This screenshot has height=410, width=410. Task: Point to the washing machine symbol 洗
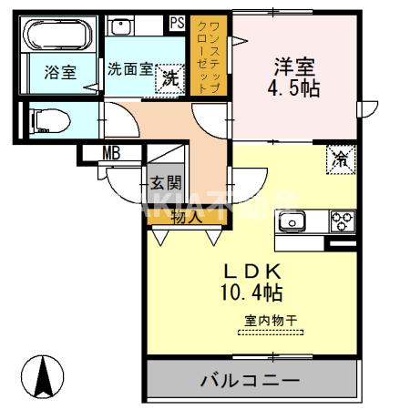pos(169,79)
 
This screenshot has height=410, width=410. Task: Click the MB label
pos(111,153)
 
